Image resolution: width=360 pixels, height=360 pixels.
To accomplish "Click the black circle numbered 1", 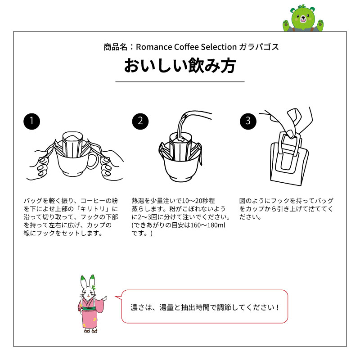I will point(31,121).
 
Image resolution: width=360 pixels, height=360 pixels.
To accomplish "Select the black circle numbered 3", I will point(248,121).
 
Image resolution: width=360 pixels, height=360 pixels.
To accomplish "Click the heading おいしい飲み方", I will point(180,66).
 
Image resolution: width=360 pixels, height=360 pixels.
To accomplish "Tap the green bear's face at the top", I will point(301,18).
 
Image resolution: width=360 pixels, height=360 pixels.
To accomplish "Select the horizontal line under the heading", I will point(180,82).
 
